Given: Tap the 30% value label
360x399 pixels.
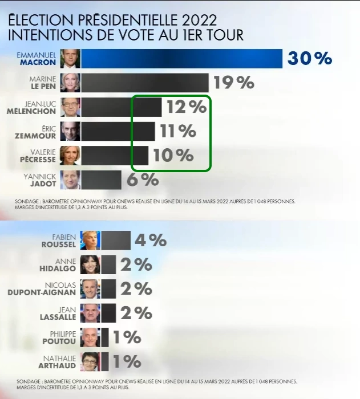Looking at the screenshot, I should coord(310,59).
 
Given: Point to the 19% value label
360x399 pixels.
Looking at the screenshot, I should coord(233,83).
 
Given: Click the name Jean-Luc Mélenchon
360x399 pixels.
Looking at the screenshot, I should coord(36,107).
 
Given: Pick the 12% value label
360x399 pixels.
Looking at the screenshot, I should coord(185,107).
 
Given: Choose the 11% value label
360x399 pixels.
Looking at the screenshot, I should coord(178,131).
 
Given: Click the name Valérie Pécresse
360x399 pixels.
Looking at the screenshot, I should coord(36,156).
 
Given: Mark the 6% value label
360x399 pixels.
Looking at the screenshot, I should coord(142,180).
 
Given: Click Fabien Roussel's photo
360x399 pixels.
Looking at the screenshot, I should coord(90,241).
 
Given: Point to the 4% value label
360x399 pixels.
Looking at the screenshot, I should coord(150,241).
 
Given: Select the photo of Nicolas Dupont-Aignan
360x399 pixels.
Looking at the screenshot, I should coord(90,289).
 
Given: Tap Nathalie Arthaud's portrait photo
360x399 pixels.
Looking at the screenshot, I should coord(90,361).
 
